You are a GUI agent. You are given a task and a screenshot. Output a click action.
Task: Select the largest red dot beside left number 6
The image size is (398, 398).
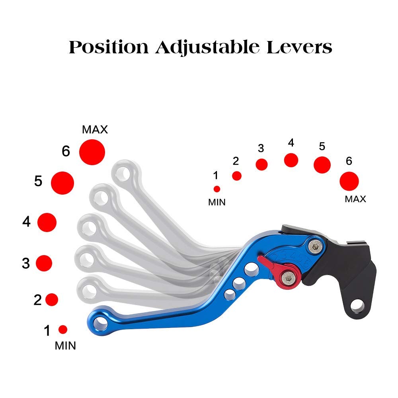[x=92, y=152]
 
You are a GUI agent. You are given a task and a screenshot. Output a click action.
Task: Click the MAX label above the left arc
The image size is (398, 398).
[x=95, y=129]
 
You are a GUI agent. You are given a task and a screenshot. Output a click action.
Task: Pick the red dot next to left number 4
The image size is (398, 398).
[x=47, y=222]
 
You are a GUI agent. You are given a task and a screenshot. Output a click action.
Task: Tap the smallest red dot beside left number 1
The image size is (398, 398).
[x=63, y=329]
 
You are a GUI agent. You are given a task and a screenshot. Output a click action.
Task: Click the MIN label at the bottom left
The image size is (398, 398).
[x=65, y=345]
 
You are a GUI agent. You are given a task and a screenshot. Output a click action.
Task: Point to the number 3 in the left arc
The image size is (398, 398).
[x=26, y=263]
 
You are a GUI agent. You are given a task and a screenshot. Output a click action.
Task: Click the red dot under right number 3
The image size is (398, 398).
[x=261, y=164]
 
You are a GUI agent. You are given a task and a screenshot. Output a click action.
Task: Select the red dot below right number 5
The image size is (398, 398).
[x=322, y=165]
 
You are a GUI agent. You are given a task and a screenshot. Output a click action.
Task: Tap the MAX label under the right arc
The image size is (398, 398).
[x=355, y=199]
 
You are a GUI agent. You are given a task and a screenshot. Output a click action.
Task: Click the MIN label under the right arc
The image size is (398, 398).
[x=217, y=202]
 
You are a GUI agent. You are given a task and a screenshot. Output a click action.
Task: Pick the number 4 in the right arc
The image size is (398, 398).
[x=291, y=143]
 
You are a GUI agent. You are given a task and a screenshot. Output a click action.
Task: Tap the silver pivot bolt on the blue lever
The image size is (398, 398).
[x=315, y=246]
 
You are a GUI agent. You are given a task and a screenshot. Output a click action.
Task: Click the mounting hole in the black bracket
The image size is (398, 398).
[x=357, y=305]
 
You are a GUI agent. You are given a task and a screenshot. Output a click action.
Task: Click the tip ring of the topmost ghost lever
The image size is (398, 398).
[x=126, y=172]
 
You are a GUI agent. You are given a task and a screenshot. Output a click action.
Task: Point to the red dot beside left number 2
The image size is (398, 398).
[x=52, y=299]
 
